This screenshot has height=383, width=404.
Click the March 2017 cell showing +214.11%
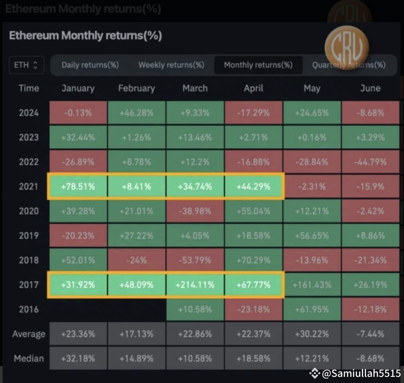[x=195, y=285]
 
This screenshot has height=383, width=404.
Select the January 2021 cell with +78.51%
[x=78, y=187]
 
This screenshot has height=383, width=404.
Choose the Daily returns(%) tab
[x=90, y=65]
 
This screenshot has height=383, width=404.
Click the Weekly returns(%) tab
[x=171, y=65]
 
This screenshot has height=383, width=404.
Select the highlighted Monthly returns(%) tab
[x=258, y=65]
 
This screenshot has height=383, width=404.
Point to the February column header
[x=137, y=88]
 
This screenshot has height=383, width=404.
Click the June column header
[x=370, y=88]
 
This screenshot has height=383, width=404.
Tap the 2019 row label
[x=29, y=236]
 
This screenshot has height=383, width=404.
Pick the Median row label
[x=29, y=359]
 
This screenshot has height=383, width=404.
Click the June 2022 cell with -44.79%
[x=370, y=162]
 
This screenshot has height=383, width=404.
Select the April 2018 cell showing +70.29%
[x=254, y=260]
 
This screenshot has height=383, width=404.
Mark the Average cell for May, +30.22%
[x=312, y=334]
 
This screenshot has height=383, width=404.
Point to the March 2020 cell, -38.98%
[x=195, y=211]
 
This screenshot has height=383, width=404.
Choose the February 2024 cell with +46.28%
[x=137, y=113]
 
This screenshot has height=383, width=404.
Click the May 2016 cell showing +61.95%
[x=312, y=309]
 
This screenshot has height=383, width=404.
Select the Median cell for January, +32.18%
[x=78, y=359]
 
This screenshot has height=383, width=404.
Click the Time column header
[x=29, y=88]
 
